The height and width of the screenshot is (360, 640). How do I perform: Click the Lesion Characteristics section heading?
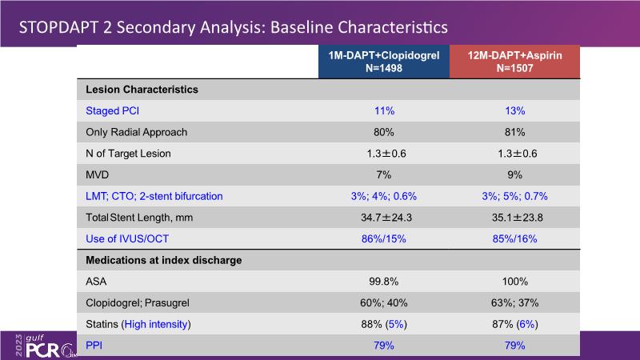pyautogui.click(x=142, y=90)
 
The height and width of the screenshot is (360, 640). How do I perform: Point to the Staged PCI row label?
pyautogui.click(x=118, y=110)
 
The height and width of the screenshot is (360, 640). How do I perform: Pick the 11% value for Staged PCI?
pyautogui.click(x=383, y=110)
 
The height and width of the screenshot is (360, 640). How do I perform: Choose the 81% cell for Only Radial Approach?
pyautogui.click(x=514, y=132)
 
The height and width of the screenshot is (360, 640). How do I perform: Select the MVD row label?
pyautogui.click(x=98, y=174)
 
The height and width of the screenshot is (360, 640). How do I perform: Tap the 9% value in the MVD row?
pyautogui.click(x=514, y=174)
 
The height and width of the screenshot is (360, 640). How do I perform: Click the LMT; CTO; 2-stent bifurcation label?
pyautogui.click(x=154, y=196)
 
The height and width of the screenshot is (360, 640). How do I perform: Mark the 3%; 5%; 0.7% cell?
pyautogui.click(x=514, y=196)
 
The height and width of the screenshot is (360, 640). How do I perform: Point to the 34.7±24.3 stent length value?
pyautogui.click(x=383, y=218)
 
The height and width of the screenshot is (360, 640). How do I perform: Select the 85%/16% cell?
pyautogui.click(x=514, y=238)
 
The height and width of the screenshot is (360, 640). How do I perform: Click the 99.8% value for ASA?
pyautogui.click(x=383, y=282)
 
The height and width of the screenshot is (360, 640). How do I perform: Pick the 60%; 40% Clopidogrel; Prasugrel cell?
pyautogui.click(x=383, y=302)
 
